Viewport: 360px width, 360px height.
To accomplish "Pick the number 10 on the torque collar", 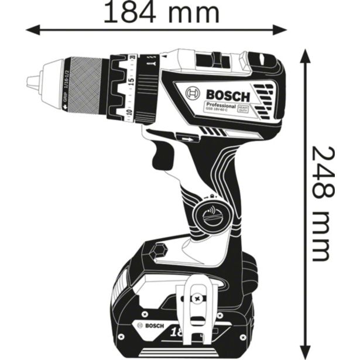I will [x=129, y=111].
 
